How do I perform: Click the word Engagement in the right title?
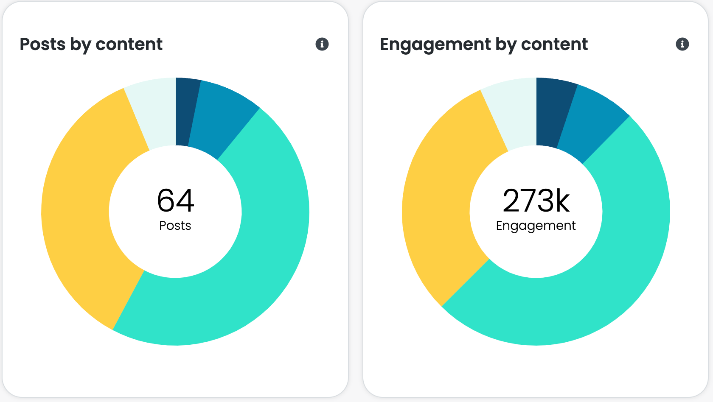click(x=435, y=44)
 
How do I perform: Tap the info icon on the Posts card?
click(x=322, y=44)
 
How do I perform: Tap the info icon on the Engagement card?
click(x=682, y=44)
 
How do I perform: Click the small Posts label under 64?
click(x=175, y=226)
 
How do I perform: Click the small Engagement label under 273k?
click(x=536, y=226)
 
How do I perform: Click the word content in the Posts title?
click(x=129, y=44)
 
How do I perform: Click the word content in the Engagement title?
click(x=554, y=44)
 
